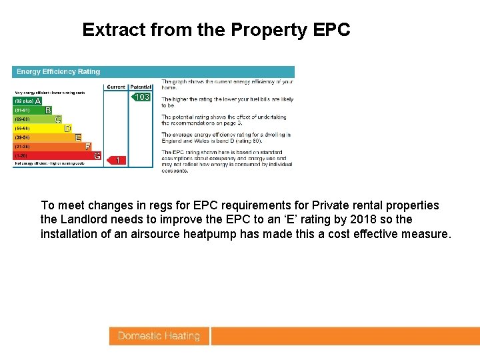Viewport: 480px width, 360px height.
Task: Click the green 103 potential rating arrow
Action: (140, 97)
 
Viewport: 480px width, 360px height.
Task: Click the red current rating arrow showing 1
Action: (117, 160)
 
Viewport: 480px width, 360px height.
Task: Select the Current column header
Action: (116, 87)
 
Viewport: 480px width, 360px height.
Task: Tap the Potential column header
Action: (140, 87)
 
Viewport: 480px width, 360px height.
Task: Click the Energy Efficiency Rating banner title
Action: (59, 71)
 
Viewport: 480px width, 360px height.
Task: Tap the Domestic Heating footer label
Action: (159, 336)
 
